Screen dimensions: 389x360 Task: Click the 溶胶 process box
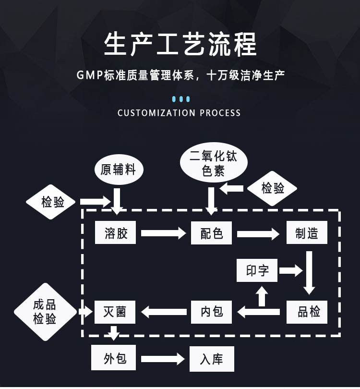[116, 233]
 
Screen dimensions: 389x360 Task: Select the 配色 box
[211, 233]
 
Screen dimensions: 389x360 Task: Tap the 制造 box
[307, 233]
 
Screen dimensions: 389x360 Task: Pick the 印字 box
[257, 270]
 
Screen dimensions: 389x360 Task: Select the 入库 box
[211, 359]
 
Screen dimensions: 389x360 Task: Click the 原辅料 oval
[119, 170]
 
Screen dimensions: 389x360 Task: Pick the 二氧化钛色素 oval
[213, 164]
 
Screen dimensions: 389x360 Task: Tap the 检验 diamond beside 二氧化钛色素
[273, 188]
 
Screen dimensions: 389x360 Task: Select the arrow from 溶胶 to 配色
[163, 233]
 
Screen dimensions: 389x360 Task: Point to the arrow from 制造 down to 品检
[309, 271]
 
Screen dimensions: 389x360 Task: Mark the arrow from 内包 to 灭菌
[164, 312]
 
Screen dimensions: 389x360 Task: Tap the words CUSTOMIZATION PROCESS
[179, 113]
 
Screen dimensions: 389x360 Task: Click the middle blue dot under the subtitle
[180, 99]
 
